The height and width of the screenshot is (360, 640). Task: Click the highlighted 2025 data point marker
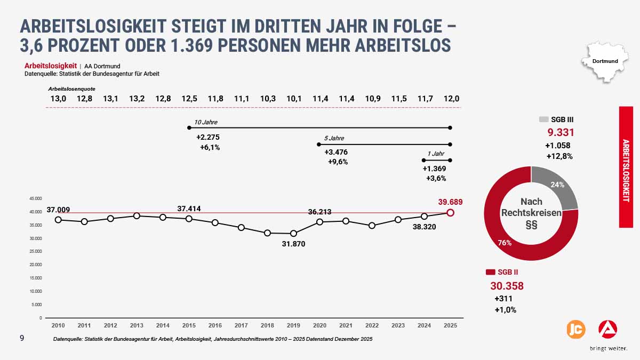(451, 213)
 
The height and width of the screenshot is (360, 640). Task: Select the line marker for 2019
(293, 233)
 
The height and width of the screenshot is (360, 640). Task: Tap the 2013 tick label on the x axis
(136, 325)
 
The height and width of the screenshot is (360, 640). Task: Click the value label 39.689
(450, 202)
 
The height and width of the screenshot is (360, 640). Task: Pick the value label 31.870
(294, 244)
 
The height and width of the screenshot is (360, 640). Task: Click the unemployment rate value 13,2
(137, 99)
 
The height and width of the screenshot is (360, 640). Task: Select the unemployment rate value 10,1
(294, 99)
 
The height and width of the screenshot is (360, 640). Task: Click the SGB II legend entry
(501, 273)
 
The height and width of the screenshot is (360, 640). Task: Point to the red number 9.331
(561, 133)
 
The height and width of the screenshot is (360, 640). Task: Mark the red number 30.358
(507, 286)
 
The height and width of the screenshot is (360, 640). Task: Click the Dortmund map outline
(605, 62)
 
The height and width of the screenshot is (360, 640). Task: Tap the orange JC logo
(575, 329)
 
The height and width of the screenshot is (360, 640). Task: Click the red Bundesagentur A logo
(607, 329)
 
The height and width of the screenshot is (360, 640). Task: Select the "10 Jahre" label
(206, 122)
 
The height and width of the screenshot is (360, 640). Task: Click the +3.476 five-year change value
(336, 153)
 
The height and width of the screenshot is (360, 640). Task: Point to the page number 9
(22, 338)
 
